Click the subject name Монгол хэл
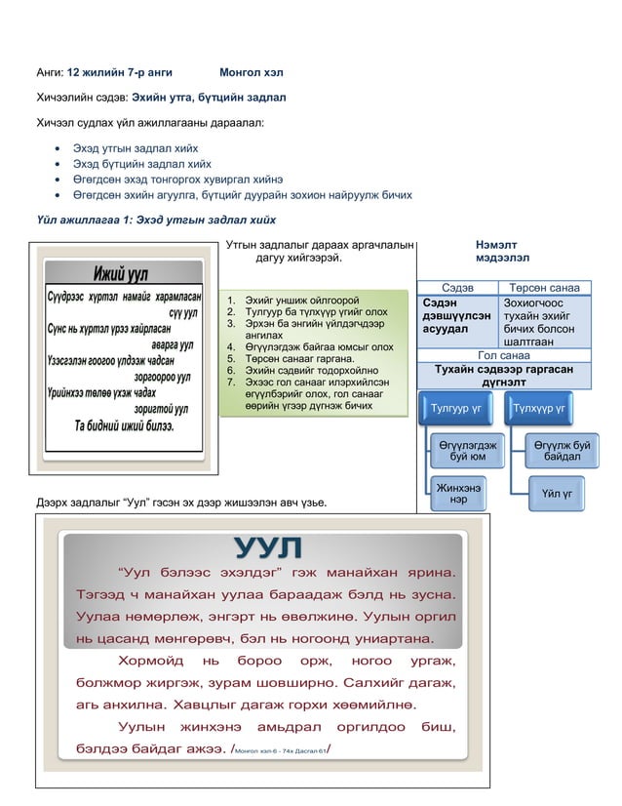pos(252,72)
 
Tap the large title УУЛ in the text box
pos(268,547)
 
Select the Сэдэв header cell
pos(457,288)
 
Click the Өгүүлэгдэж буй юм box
pos(464,451)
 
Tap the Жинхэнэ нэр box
pos(457,493)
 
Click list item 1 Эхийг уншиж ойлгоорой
pos(292,300)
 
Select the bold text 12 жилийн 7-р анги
pos(120,72)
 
